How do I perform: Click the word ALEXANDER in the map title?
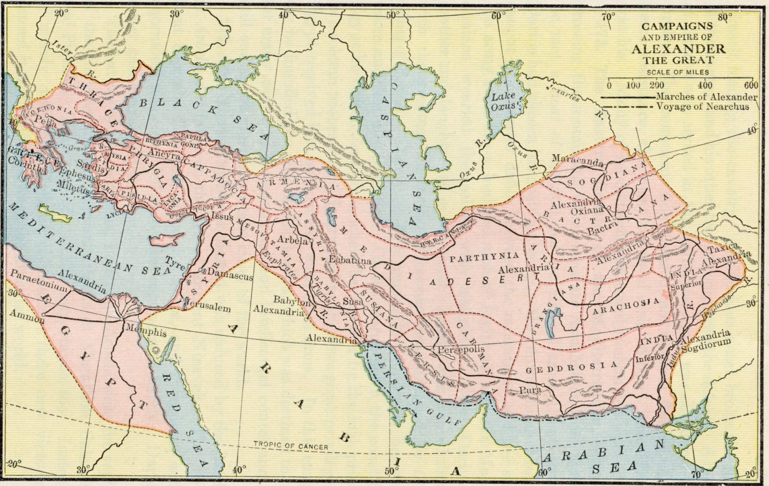(678, 49)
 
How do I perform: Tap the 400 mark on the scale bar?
(705, 85)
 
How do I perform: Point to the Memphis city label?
(146, 332)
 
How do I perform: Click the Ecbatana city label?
(350, 260)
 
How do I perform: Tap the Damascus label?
(231, 276)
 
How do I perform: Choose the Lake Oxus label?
(503, 102)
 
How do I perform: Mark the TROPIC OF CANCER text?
(291, 446)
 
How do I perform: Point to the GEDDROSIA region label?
(571, 367)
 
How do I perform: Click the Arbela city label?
(292, 240)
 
